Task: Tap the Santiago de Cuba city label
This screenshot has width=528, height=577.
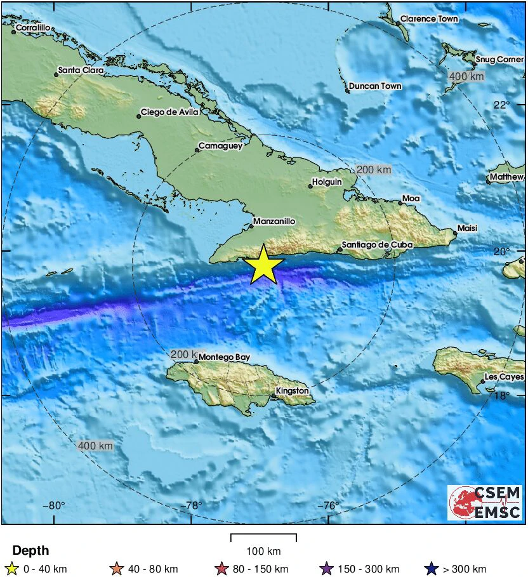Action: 377,244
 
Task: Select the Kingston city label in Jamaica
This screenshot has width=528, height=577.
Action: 293,391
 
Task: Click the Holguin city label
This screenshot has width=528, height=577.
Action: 327,182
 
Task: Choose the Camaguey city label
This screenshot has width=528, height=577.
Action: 220,146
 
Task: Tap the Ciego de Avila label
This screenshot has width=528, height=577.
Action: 169,112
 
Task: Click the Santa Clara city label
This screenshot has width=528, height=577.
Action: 81,70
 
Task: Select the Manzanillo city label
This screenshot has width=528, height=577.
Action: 274,222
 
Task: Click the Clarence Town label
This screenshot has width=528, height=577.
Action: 429,19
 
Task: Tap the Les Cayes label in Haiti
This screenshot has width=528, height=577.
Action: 504,377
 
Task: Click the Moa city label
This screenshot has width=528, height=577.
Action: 411,199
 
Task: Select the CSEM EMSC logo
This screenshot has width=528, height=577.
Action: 485,502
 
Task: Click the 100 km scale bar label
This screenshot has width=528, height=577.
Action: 263,551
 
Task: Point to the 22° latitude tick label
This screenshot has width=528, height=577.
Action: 502,105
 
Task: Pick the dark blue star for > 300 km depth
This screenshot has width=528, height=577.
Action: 433,569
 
